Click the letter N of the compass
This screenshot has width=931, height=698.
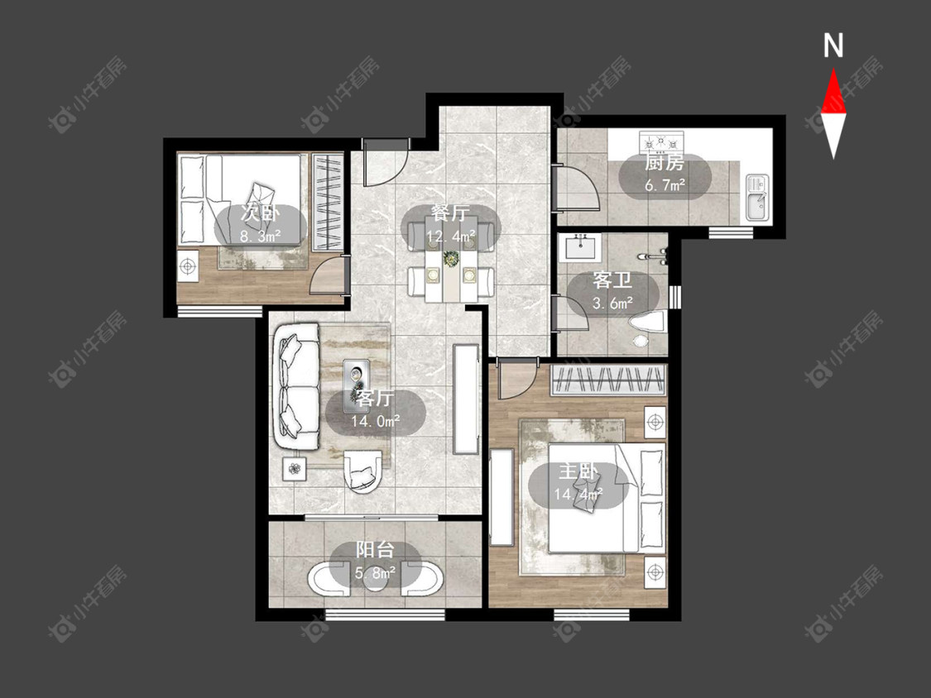833,45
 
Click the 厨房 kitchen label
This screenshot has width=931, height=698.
665,162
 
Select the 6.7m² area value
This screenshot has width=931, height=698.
665,184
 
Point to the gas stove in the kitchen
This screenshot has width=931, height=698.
662,142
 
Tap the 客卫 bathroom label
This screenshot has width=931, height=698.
612,280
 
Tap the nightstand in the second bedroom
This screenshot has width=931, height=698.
189,266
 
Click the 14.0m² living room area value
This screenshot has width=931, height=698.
375,422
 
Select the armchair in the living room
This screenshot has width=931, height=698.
362,471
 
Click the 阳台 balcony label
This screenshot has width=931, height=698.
375,550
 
